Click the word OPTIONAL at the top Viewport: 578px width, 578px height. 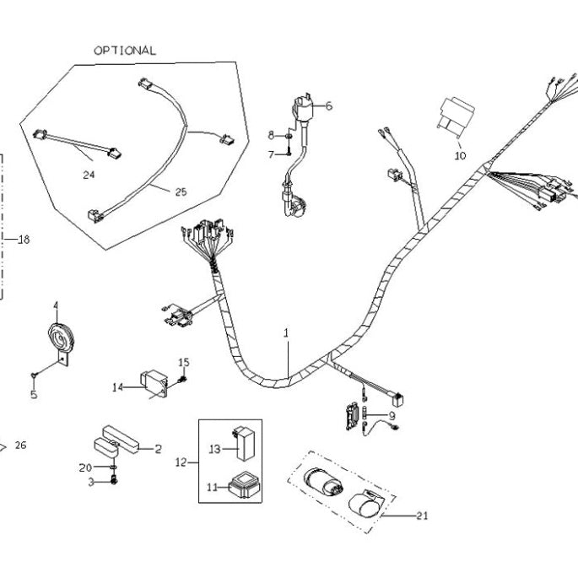pos(124,50)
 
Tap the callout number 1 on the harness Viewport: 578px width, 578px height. pos(286,333)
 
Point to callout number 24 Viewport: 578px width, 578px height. pos(89,176)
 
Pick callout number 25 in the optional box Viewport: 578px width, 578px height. pos(181,192)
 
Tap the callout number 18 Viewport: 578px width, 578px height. pos(23,240)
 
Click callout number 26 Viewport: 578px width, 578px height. pos(20,446)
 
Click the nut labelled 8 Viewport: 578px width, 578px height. pos(289,135)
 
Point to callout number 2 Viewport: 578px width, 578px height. pos(157,449)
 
